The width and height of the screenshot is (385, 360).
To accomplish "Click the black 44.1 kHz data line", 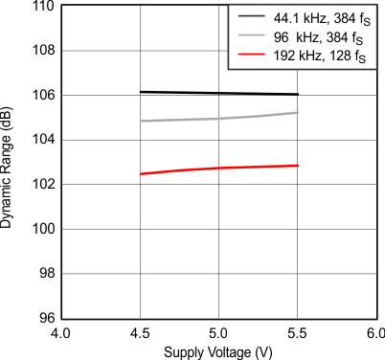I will click(219, 93).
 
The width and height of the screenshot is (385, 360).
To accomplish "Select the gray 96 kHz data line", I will click(219, 119).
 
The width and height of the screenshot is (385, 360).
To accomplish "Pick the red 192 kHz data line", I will click(219, 168).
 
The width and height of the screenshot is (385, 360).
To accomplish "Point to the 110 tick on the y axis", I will click(41, 7).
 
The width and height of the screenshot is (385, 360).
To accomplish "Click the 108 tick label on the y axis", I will click(41, 51).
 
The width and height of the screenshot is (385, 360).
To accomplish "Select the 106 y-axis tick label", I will click(41, 96).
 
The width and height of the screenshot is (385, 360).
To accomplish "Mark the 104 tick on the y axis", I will click(41, 140).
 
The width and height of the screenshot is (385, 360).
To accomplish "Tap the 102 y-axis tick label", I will click(41, 185).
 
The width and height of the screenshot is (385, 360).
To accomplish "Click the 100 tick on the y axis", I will click(41, 229).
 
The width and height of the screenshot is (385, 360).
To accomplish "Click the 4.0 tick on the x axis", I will click(61, 334).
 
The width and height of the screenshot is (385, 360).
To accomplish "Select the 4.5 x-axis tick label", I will click(141, 334).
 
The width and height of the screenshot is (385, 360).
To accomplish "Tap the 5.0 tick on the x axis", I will click(219, 334).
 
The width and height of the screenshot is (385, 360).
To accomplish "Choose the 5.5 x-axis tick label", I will click(299, 334).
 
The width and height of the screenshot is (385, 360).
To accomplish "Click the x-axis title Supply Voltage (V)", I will click(219, 351).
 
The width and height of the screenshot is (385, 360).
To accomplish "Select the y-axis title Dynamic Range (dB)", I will click(9, 162).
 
